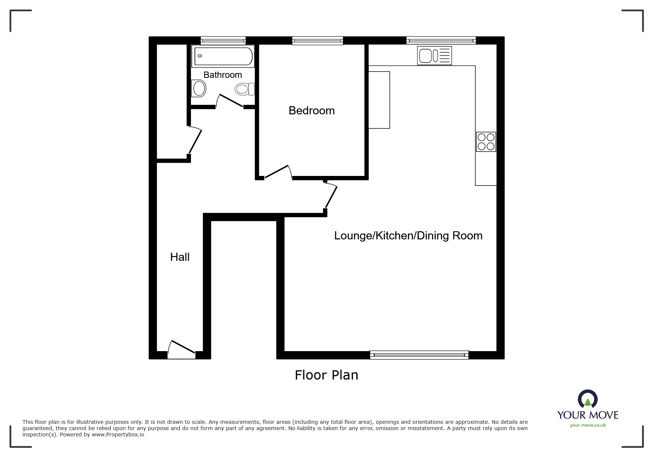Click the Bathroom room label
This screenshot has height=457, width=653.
click(x=223, y=75)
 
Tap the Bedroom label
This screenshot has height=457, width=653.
click(x=312, y=111)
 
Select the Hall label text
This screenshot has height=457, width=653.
click(x=180, y=257)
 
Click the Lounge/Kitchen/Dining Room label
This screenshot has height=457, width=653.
click(x=408, y=236)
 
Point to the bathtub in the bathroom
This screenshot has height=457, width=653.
click(x=223, y=56)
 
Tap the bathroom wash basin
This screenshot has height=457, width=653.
click(x=199, y=89)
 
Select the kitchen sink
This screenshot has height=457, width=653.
click(x=434, y=56)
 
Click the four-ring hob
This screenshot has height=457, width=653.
click(x=486, y=142)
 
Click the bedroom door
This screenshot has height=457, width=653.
click(x=277, y=172)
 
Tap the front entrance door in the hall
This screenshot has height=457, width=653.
click(x=181, y=349)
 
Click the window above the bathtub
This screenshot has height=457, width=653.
click(x=223, y=41)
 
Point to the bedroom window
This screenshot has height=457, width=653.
click(x=317, y=41)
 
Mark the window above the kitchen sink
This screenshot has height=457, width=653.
click(x=441, y=41)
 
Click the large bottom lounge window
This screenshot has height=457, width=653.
click(x=419, y=355)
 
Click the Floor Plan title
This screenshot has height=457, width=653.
click(x=326, y=375)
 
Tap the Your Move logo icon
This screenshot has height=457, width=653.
click(x=587, y=399)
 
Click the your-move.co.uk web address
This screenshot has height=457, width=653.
click(x=588, y=425)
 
